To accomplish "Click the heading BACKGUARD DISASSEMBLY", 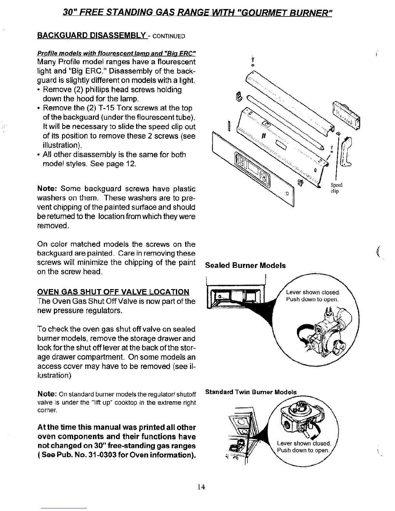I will click(x=92, y=35).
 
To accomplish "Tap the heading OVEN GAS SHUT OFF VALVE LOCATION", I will click(x=113, y=292).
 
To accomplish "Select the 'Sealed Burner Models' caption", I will click(x=245, y=266).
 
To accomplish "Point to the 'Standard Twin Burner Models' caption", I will click(x=251, y=392).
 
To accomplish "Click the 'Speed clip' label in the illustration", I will click(x=336, y=188).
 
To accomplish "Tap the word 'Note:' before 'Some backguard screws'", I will click(x=47, y=188).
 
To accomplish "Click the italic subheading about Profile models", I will click(x=116, y=53).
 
